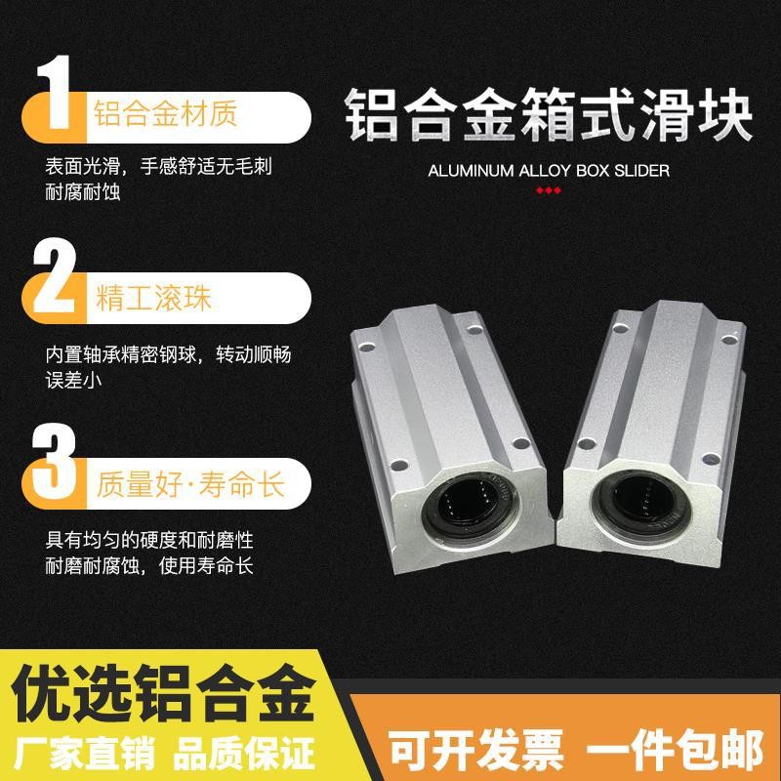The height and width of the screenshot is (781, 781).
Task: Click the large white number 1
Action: (55, 92)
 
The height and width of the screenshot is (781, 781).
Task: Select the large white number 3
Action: (54, 461)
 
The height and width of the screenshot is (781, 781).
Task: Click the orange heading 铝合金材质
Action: (165, 113)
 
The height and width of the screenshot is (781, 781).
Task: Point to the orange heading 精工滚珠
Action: (153, 298)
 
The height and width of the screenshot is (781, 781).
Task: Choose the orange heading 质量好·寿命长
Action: (190, 484)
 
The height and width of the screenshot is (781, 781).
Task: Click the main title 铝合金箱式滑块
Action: (548, 114)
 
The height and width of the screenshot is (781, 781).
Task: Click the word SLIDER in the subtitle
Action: (641, 171)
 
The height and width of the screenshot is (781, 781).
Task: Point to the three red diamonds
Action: (549, 190)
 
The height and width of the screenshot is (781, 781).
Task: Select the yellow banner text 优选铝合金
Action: (163, 693)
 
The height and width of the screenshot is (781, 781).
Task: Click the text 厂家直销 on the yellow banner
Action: (85, 754)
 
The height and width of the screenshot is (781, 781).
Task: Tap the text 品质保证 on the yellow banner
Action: (244, 754)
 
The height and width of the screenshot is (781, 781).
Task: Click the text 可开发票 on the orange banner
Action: (475, 751)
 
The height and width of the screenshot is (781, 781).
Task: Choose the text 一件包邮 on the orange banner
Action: (675, 751)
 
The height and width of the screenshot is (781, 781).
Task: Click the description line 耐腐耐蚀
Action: (83, 192)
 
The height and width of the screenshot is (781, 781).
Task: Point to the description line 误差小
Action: (73, 381)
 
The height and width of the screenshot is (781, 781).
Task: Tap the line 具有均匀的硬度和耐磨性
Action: (149, 541)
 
